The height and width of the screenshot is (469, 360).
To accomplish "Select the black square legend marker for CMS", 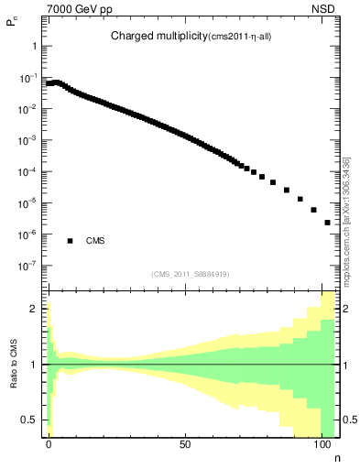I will [70, 241].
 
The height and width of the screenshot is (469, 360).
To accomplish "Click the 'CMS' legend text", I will [95, 242].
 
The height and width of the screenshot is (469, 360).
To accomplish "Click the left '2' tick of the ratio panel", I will [35, 309].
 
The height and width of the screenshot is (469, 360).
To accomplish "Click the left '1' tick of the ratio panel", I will [35, 365].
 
